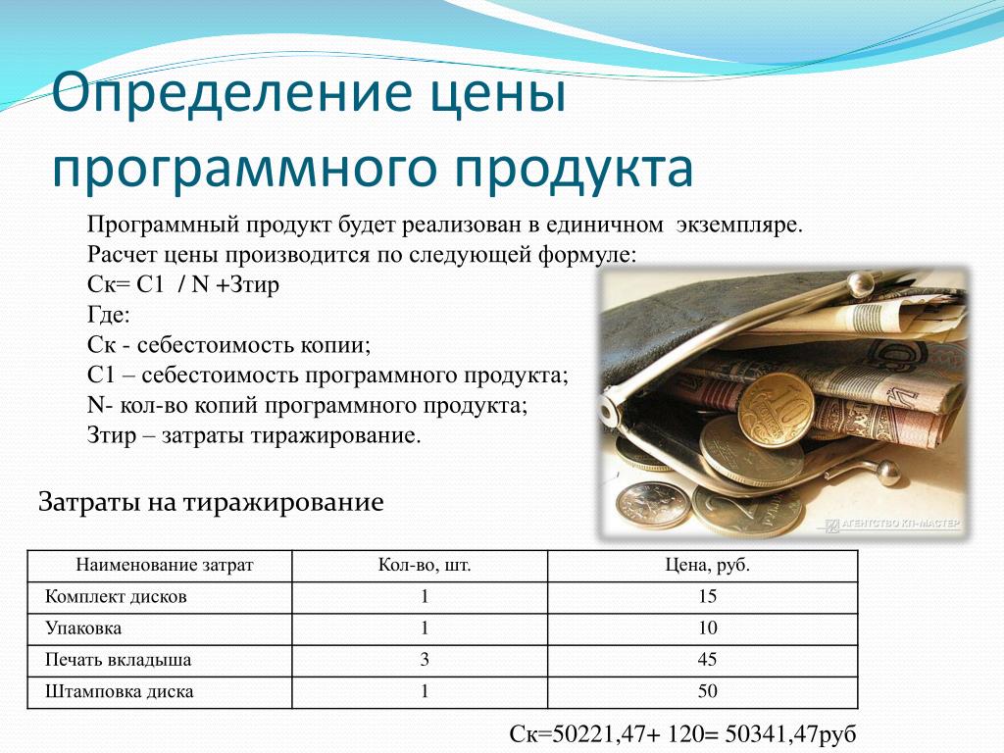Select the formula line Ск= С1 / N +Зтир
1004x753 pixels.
tap(183, 284)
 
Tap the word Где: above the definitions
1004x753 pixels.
tap(108, 315)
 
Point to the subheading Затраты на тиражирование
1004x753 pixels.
tap(211, 502)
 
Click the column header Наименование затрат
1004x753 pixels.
tap(165, 565)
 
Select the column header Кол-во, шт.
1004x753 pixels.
tap(424, 565)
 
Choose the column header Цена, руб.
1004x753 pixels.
tap(707, 565)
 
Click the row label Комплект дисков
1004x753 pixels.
tap(116, 597)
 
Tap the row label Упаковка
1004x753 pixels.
tap(83, 628)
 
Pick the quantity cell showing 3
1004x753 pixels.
tap(424, 660)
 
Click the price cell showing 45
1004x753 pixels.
tap(707, 660)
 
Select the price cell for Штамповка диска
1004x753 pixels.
tap(707, 691)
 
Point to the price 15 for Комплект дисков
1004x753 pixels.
tap(707, 597)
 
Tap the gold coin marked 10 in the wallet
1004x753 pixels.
tap(776, 409)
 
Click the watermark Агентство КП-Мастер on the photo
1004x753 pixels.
tap(894, 525)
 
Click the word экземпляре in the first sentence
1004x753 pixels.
tap(738, 225)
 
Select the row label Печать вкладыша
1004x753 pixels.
tap(118, 660)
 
